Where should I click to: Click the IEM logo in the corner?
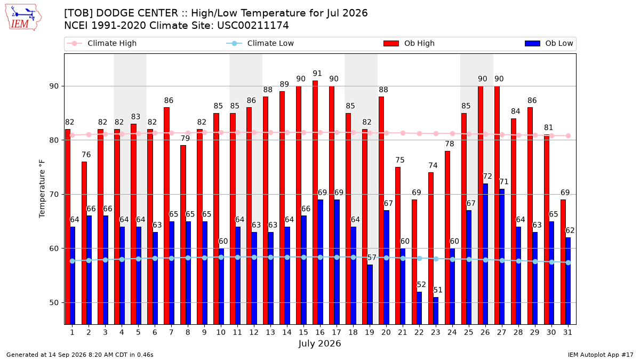pos(23,18)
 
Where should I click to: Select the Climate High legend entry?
pos(101,43)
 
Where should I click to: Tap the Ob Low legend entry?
pos(549,43)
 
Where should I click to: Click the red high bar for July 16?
pos(315,202)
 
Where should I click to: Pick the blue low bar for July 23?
pos(436,310)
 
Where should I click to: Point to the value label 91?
pos(317,74)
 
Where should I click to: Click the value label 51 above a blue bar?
pos(438,290)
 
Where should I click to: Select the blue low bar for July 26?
pos(485,254)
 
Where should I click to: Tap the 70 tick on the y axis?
pos(54,195)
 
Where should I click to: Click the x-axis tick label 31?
pos(567,332)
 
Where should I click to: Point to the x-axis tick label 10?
pos(221,332)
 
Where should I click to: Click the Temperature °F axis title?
pos(42,189)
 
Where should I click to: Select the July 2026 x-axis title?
pos(319,343)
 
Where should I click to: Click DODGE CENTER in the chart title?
pos(137,13)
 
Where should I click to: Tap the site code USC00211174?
pos(253,26)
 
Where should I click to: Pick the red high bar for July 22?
pos(414,262)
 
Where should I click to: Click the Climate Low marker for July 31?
pos(569,262)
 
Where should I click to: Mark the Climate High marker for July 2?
pos(89,134)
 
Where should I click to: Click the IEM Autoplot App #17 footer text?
pos(601,355)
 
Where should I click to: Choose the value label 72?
pos(487,177)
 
